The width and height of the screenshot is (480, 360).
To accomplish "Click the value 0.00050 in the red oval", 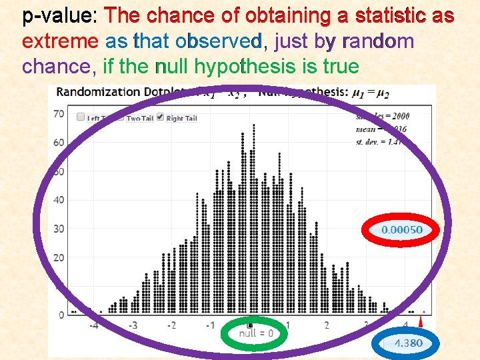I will tap(401, 230).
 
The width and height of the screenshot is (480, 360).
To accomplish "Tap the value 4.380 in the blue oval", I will tap(407, 343).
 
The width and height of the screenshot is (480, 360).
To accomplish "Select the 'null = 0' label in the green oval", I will tap(255, 333).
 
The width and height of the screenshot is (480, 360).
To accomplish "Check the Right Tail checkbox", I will tap(160, 117).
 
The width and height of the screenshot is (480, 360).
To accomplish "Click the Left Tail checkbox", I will tap(81, 117).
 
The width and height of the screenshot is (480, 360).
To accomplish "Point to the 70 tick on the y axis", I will tap(59, 113).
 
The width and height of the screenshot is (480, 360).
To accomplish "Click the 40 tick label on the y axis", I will tap(59, 199).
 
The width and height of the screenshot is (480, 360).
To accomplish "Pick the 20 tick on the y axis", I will tap(59, 257).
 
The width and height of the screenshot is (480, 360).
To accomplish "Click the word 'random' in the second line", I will tap(377, 41).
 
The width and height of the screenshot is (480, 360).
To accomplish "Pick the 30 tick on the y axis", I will tap(59, 229).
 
